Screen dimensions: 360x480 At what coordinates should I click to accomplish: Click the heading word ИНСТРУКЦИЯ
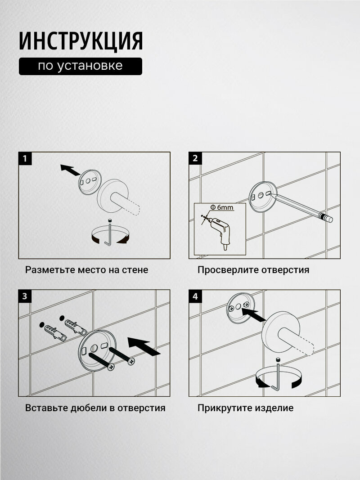coord(81,41)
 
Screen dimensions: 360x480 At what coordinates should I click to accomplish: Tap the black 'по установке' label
coord(81,66)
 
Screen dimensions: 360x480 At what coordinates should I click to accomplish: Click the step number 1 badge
coord(25,158)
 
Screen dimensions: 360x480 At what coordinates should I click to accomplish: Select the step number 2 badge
coord(195,158)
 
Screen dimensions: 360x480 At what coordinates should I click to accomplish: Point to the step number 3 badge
coord(25,296)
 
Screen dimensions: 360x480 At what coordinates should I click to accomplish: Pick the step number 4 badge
coord(195,296)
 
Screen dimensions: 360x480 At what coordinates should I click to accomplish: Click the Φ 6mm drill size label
coord(222,207)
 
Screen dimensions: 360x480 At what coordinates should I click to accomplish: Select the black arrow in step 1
coord(70,170)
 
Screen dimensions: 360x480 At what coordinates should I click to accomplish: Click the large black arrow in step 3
coord(144,346)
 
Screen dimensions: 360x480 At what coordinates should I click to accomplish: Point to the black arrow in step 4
coord(253,315)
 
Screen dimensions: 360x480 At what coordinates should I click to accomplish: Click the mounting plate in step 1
coord(90,182)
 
